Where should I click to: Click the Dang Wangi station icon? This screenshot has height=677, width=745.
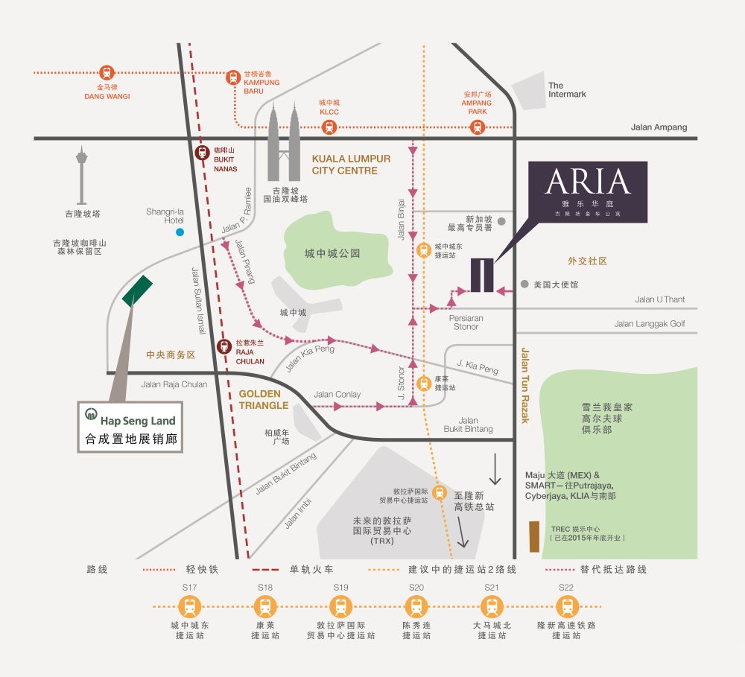pyautogui.click(x=107, y=73)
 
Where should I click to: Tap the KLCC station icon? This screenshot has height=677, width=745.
pyautogui.click(x=329, y=127)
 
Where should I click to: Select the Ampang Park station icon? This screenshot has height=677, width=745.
pyautogui.click(x=477, y=127)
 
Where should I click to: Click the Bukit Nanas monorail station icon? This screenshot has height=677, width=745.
pyautogui.click(x=201, y=153)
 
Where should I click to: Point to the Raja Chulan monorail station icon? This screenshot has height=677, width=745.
pyautogui.click(x=224, y=346)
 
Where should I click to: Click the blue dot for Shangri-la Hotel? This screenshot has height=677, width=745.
pyautogui.click(x=180, y=232)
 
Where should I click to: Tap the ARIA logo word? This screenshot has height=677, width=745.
pyautogui.click(x=588, y=182)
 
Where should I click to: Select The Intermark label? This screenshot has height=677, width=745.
pyautogui.click(x=567, y=90)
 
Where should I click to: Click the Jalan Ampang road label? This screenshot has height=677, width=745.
pyautogui.click(x=659, y=127)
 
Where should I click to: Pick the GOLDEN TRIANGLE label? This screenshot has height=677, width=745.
pyautogui.click(x=263, y=399)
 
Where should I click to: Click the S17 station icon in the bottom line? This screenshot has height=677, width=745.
pyautogui.click(x=190, y=606)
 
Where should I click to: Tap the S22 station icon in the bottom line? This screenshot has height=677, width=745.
pyautogui.click(x=567, y=606)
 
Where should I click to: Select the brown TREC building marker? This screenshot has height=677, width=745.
pyautogui.click(x=534, y=536)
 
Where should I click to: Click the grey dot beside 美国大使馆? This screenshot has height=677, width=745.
pyautogui.click(x=524, y=285)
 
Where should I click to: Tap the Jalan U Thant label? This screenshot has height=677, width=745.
pyautogui.click(x=659, y=299)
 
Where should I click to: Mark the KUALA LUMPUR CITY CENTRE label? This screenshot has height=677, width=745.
pyautogui.click(x=351, y=165)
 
